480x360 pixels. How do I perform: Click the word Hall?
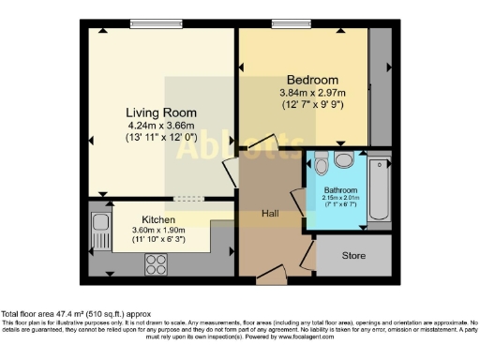click(x=272, y=214)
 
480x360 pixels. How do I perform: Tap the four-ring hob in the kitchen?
click(x=155, y=264)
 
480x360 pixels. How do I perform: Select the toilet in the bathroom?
click(x=322, y=166)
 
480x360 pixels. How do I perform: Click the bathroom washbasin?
click(x=345, y=160)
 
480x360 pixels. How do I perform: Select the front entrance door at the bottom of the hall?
click(x=272, y=275)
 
